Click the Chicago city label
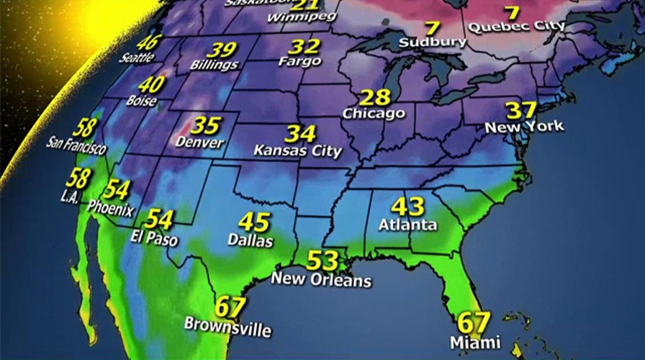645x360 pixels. [374, 114]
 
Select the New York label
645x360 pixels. [524, 127]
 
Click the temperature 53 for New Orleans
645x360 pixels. [322, 259]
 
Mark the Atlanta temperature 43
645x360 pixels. [407, 206]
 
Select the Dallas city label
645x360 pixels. [251, 240]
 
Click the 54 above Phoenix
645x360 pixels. [117, 190]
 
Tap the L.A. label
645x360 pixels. [70, 197]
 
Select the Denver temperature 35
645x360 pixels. [205, 125]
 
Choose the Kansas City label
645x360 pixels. [297, 151]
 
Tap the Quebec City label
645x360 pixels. [516, 27]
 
